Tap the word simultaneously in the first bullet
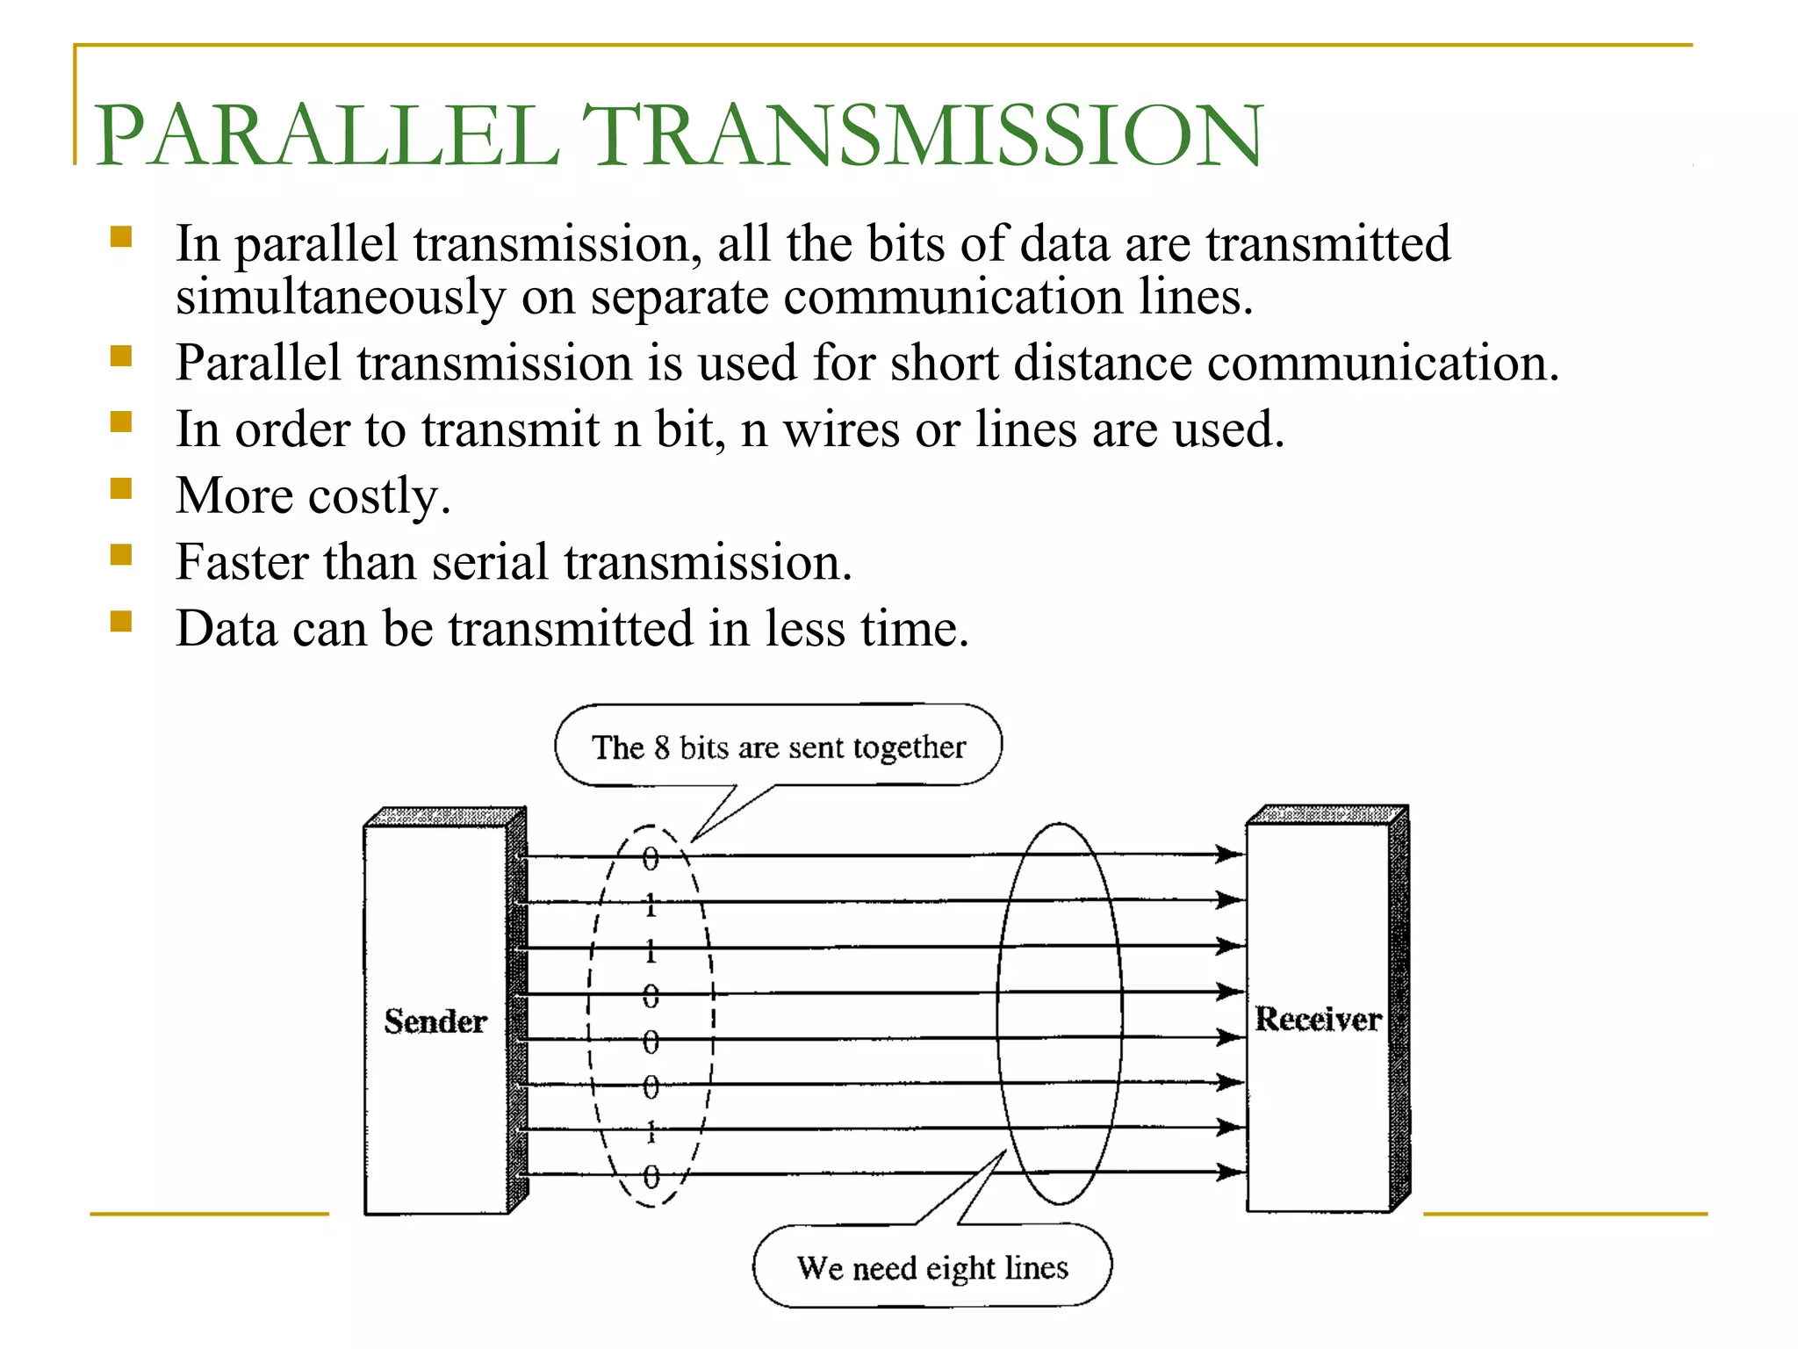(340, 297)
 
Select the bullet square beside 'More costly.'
(121, 488)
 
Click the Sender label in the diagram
(435, 1021)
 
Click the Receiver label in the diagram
(1317, 1019)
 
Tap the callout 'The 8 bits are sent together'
(778, 747)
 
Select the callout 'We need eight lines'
(932, 1267)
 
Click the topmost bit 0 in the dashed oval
(651, 858)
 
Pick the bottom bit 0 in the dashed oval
(651, 1176)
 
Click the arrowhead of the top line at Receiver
(1229, 854)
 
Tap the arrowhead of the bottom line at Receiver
(1229, 1172)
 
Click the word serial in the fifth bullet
(490, 562)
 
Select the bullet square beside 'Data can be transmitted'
(121, 622)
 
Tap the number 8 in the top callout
(662, 747)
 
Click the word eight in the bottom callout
(960, 1269)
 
